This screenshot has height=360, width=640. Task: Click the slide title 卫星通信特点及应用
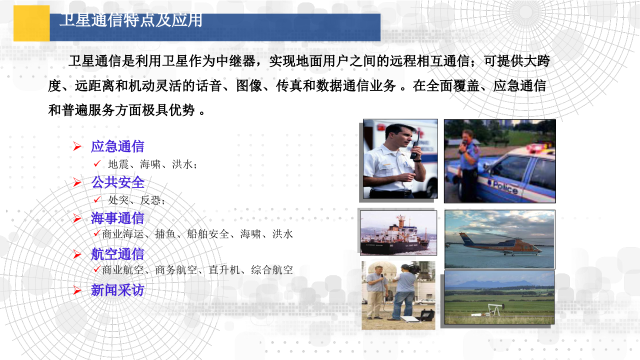pyautogui.click(x=131, y=20)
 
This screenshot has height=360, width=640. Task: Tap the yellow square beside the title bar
pyautogui.click(x=31, y=23)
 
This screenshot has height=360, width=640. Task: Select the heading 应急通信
pyautogui.click(x=117, y=146)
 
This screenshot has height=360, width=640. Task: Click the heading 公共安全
pyautogui.click(x=117, y=182)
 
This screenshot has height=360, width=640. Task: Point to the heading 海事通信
pyautogui.click(x=117, y=218)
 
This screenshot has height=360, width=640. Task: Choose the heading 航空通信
pyautogui.click(x=117, y=254)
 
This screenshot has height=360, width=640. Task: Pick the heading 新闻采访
pyautogui.click(x=117, y=290)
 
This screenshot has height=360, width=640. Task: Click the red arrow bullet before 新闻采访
pyautogui.click(x=77, y=290)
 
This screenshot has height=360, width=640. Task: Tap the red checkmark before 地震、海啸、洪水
pyautogui.click(x=97, y=163)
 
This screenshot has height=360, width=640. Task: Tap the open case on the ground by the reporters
pyautogui.click(x=424, y=316)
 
